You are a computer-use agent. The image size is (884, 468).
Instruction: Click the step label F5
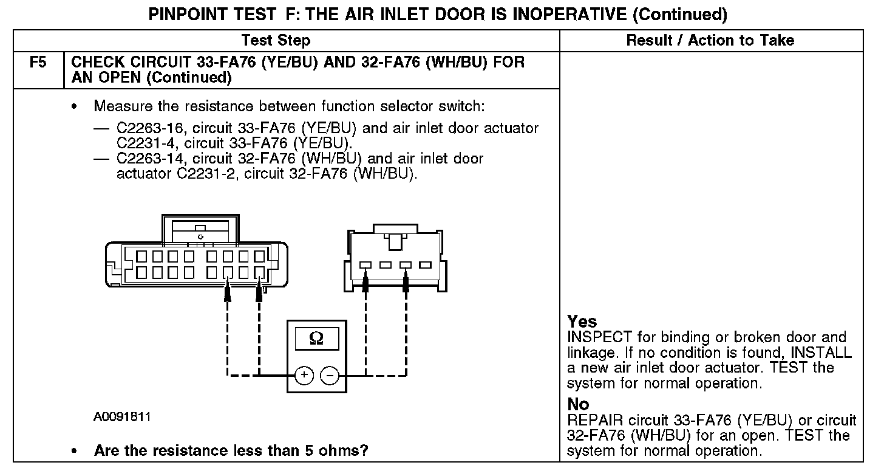pos(38,63)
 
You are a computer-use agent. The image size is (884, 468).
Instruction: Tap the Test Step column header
pos(276,41)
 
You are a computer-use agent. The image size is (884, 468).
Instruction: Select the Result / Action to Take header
pos(710,41)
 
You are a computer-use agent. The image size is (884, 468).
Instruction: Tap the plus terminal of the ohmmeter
pos(304,376)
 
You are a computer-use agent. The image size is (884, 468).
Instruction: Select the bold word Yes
pos(582,322)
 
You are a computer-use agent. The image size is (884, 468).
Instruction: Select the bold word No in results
pos(578,404)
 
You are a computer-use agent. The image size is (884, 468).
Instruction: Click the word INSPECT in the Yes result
pos(596,337)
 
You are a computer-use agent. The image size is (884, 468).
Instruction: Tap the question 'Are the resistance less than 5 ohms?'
pos(231,451)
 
